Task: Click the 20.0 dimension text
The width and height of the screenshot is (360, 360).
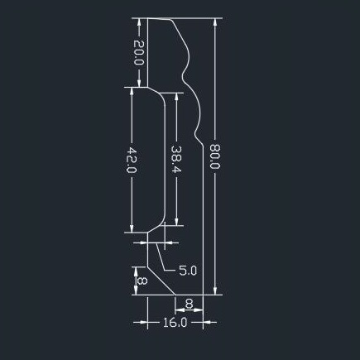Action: (139, 52)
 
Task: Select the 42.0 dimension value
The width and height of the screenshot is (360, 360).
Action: (132, 160)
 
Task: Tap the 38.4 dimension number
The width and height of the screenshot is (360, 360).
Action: (176, 159)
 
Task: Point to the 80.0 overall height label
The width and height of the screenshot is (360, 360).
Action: (214, 156)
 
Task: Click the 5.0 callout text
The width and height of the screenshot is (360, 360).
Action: (188, 271)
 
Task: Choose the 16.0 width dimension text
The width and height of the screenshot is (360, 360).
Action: (175, 322)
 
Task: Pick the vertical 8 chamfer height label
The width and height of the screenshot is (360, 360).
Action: (142, 281)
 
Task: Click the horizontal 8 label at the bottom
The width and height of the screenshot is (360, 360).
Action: (189, 304)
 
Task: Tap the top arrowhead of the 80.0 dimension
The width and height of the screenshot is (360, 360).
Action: (215, 22)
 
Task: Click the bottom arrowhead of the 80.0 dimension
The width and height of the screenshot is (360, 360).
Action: (215, 290)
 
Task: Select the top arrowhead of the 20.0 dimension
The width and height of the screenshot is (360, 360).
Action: (139, 22)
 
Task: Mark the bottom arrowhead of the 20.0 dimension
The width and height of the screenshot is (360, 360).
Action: (139, 83)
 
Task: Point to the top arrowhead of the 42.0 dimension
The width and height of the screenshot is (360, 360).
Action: (132, 92)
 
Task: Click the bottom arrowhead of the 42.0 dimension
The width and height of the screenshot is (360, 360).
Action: (132, 228)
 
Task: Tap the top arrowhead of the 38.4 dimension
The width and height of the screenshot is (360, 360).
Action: (176, 97)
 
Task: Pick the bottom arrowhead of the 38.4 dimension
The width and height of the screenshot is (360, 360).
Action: (176, 221)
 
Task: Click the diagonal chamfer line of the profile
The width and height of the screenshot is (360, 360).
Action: (161, 281)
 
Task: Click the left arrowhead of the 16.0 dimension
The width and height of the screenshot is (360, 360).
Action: (143, 322)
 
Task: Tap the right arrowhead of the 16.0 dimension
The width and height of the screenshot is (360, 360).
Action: (208, 322)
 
